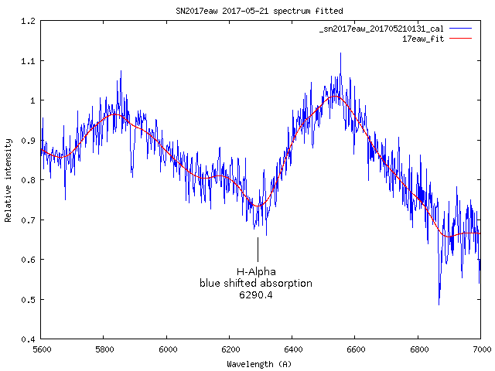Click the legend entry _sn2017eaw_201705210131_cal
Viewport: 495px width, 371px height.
pos(383,29)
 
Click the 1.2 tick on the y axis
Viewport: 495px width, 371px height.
pos(29,21)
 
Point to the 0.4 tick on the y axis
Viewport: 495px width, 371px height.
pos(29,339)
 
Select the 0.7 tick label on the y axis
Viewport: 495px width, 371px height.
pos(29,220)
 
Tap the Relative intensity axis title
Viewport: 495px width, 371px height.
pos(9,180)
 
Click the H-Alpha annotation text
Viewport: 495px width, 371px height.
pos(256,271)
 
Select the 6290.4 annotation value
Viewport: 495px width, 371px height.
pos(256,295)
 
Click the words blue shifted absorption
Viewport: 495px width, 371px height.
pos(256,284)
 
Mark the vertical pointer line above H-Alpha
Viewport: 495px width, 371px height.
pos(258,250)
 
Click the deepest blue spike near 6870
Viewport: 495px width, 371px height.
pos(439,302)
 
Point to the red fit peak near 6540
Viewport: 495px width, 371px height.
pos(335,96)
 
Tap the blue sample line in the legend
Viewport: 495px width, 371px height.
pos(460,29)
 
